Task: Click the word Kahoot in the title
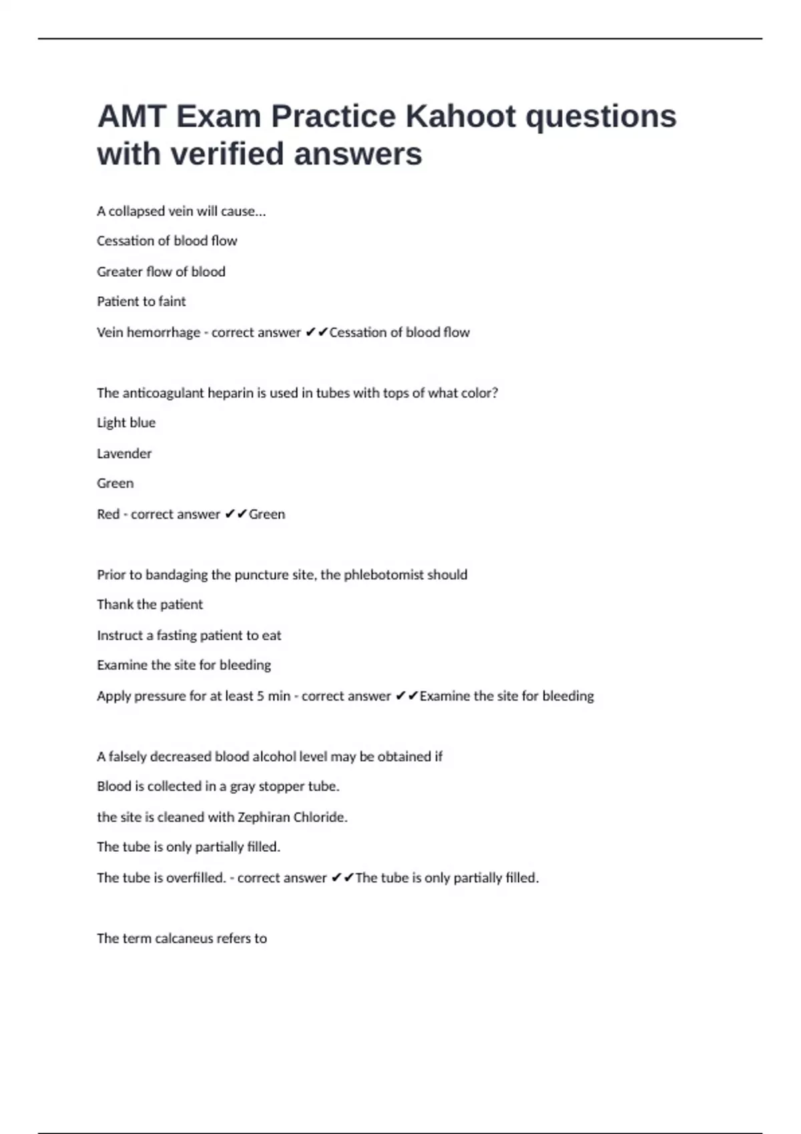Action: coord(461,116)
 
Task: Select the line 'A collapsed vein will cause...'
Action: coord(181,211)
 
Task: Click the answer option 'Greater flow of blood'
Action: coord(161,271)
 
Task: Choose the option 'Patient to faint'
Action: coord(141,302)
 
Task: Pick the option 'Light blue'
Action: coord(125,423)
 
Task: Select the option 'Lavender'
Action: coord(123,454)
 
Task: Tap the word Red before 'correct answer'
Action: coord(107,514)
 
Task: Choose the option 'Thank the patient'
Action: coord(150,605)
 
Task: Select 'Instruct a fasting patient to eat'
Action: coord(189,636)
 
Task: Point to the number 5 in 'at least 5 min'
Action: coord(260,696)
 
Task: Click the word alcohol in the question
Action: coord(273,756)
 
